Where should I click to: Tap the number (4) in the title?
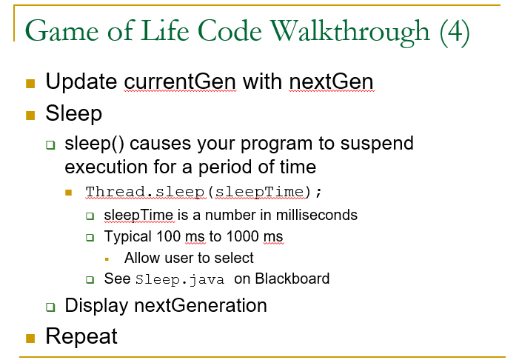tap(454, 31)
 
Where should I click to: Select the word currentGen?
tap(180, 81)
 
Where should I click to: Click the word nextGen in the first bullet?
tap(332, 81)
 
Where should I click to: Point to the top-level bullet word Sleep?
tap(73, 114)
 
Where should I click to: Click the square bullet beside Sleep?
tap(30, 115)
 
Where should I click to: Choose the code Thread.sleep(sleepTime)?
tap(204, 192)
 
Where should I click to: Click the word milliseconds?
tap(307, 216)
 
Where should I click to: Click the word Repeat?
tap(81, 336)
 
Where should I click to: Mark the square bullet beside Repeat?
tap(30, 338)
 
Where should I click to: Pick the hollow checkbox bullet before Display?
tap(50, 306)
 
